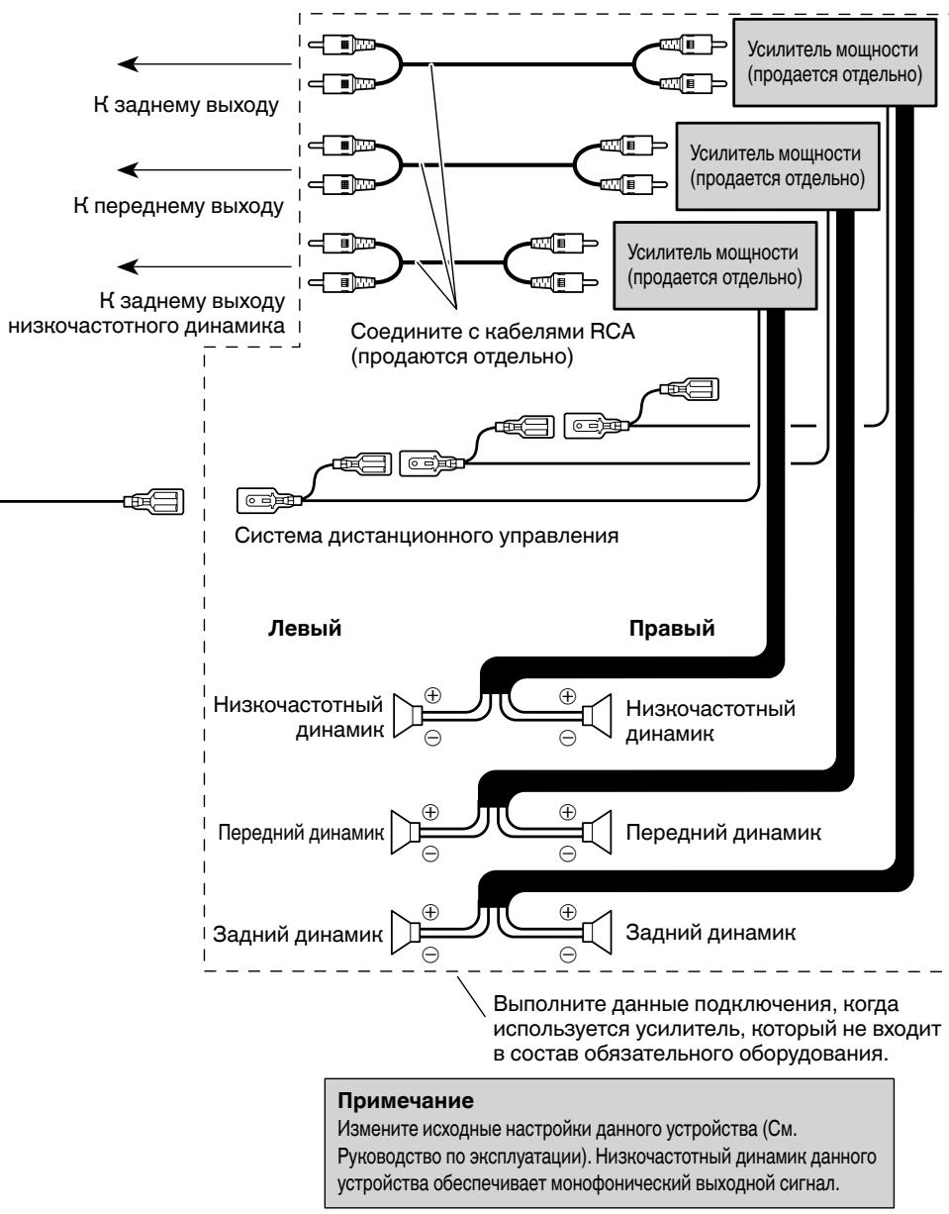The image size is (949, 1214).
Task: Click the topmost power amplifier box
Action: [x=834, y=62]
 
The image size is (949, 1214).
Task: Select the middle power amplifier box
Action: [x=778, y=166]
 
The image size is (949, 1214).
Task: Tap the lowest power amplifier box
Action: [x=715, y=265]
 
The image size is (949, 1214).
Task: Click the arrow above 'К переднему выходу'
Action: [x=204, y=170]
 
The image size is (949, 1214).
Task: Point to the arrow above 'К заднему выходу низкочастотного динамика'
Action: [x=204, y=266]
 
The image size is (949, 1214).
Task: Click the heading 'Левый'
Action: [x=304, y=629]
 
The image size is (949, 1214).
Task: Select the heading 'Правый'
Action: [x=672, y=629]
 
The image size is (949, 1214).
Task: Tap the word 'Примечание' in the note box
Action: [x=406, y=1100]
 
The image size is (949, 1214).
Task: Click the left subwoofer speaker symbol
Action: [x=408, y=716]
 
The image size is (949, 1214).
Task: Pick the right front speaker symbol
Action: [x=597, y=833]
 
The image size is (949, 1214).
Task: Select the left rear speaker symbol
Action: [x=405, y=932]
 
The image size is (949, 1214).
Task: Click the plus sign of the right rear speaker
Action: [x=567, y=912]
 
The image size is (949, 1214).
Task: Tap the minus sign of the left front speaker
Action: [x=430, y=855]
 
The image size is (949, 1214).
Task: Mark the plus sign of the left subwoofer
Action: [x=432, y=695]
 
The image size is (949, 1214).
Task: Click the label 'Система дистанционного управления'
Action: [x=427, y=537]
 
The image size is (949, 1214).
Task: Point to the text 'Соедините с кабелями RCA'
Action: [x=493, y=332]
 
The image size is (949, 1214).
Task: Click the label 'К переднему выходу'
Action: [x=179, y=207]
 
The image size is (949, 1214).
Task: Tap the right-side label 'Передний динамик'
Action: [x=723, y=833]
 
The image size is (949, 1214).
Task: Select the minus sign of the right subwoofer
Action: [x=567, y=738]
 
